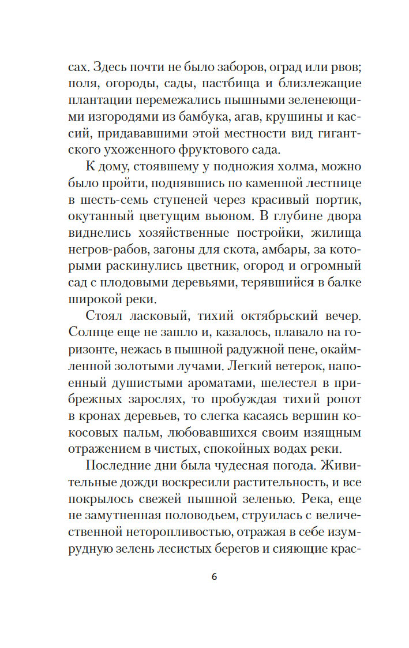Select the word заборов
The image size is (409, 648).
click(x=239, y=68)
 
